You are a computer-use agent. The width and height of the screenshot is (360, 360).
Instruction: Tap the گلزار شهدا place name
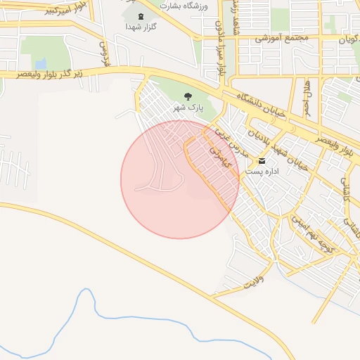(x=140, y=26)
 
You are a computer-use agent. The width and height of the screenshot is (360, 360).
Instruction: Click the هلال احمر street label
(x=307, y=98)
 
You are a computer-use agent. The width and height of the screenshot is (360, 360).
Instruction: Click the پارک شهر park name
(x=188, y=108)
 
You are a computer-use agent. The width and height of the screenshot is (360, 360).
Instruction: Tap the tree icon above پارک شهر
(x=188, y=96)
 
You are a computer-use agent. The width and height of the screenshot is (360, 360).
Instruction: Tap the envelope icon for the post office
(x=262, y=160)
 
